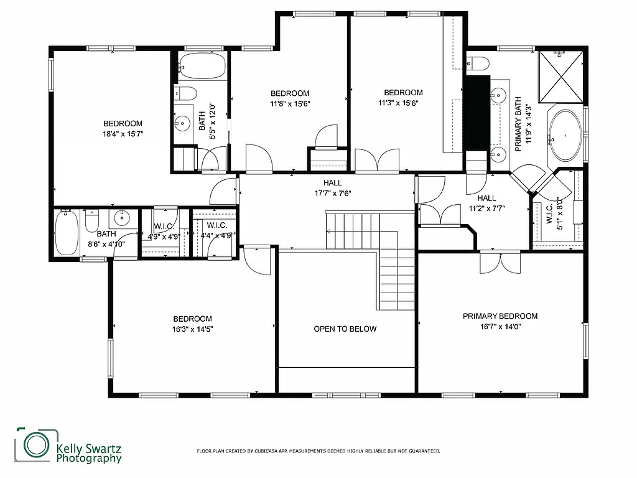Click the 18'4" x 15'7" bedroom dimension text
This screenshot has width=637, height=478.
click(123, 133)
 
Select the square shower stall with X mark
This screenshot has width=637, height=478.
click(561, 77)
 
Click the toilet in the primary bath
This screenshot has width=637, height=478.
click(478, 63)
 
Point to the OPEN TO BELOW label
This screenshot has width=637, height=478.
click(345, 329)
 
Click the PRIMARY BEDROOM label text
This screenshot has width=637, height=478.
click(500, 316)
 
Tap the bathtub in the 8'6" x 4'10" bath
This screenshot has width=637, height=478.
click(67, 233)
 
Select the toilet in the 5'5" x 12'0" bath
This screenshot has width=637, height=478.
click(185, 93)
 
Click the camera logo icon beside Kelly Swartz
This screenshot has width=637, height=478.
click(36, 444)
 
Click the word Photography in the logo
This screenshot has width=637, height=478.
click(89, 459)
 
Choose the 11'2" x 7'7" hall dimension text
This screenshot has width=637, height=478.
click(486, 209)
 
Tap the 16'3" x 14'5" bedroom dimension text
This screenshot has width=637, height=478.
click(192, 329)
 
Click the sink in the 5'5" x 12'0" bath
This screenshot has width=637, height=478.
click(182, 123)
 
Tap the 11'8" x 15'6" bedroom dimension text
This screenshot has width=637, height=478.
click(289, 103)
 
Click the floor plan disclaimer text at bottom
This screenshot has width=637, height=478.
click(318, 451)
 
